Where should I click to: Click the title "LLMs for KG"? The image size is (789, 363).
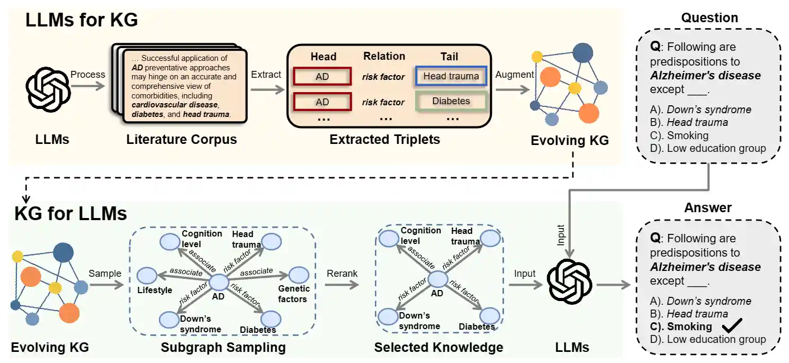[82, 20]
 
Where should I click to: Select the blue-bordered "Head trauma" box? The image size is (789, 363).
[451, 76]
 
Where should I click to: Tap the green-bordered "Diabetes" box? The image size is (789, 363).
[451, 101]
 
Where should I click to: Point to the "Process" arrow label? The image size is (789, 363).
[88, 75]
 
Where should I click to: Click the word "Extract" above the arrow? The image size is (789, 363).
[266, 75]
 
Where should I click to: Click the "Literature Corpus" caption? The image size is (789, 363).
[182, 140]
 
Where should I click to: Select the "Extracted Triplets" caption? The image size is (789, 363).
[385, 140]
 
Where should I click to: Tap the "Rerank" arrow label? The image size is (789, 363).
[342, 274]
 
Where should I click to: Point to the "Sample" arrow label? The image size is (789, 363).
[105, 274]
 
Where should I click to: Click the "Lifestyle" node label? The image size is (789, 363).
[155, 290]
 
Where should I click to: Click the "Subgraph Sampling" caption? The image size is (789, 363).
[223, 348]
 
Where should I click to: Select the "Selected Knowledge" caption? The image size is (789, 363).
[438, 348]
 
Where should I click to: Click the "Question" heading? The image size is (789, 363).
[710, 18]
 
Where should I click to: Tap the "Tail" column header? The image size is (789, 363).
[450, 57]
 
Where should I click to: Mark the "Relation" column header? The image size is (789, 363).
[384, 56]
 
